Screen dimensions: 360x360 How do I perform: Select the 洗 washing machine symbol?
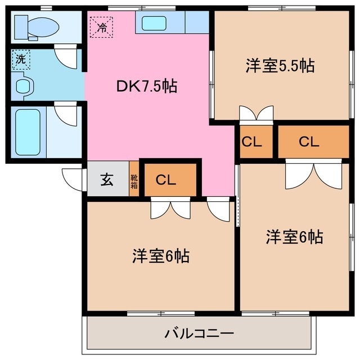point(20,60)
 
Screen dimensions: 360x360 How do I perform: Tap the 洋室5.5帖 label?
point(280,65)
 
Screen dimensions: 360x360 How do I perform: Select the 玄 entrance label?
point(107,180)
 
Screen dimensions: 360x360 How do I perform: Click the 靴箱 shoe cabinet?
point(134,180)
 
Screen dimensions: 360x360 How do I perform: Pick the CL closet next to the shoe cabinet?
point(167,180)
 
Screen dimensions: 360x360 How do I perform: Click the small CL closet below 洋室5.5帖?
point(251,142)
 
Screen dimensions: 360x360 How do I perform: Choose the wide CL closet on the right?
point(309,142)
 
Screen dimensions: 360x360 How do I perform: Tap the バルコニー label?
point(199,334)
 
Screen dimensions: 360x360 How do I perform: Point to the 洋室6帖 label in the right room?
point(294,237)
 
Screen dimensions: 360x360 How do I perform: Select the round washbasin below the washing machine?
point(24,86)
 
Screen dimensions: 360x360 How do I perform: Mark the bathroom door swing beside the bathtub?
point(66,114)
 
